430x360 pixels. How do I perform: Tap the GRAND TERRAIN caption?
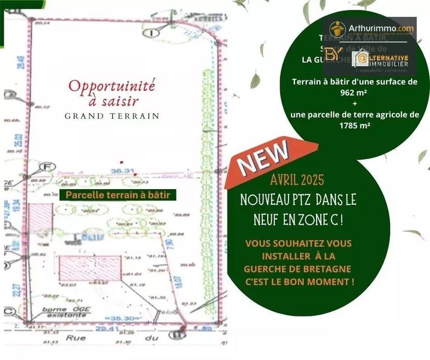pos(112,116)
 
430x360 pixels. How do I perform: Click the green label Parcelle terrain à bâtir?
pos(118,195)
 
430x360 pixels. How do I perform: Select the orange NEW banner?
pos(263,160)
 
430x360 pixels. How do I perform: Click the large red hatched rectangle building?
pos(89,268)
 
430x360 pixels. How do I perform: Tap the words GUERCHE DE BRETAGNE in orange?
pos(298,268)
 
